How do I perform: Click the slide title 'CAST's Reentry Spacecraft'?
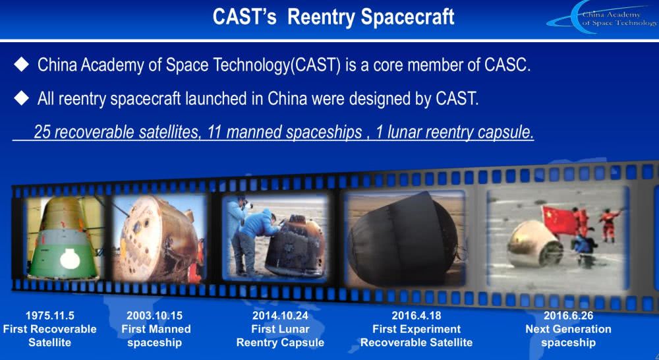(333, 17)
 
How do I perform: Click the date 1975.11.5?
(49, 315)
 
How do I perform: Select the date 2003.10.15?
(156, 315)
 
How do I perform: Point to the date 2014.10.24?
(280, 315)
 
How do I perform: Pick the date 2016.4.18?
(416, 315)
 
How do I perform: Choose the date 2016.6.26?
(567, 315)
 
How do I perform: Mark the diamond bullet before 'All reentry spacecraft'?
(22, 98)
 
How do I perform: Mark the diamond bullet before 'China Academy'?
(22, 65)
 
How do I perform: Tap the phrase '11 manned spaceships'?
(283, 133)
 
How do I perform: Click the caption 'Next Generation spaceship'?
(567, 336)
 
